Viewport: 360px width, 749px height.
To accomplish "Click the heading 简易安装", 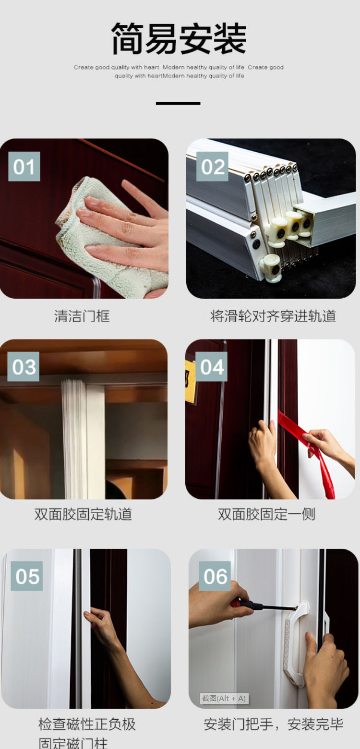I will click(179, 38).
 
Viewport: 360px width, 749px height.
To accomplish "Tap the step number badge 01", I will click(24, 167).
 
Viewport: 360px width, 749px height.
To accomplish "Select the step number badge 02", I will click(212, 167).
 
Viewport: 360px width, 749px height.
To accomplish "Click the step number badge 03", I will click(24, 367).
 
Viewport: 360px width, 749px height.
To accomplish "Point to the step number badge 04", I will click(211, 367).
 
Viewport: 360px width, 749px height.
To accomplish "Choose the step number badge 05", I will click(26, 576).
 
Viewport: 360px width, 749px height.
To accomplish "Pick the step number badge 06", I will click(215, 576).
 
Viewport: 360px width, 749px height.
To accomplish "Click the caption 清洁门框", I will click(82, 316).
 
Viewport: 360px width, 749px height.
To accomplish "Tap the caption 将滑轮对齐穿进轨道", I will click(273, 316).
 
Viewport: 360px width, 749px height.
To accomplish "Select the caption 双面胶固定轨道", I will click(83, 514).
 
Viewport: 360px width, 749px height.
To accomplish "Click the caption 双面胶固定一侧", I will click(266, 514).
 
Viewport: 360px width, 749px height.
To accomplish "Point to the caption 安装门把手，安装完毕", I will click(274, 724).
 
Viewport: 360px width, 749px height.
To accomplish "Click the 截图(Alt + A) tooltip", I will click(224, 699).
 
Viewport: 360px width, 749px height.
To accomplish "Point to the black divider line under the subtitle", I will click(178, 103).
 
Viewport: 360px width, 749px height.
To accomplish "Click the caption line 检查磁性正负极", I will click(87, 724).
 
